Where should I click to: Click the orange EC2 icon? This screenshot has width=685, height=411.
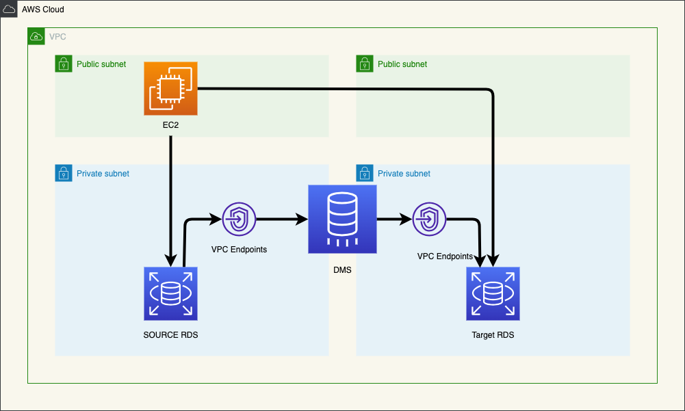click(x=170, y=88)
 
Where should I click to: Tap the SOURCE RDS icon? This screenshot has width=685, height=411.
click(x=170, y=293)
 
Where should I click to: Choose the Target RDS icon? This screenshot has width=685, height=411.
click(x=493, y=293)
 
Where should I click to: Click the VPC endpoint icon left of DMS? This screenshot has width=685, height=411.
click(x=239, y=220)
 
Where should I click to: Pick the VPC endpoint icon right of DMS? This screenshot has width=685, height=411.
click(x=429, y=220)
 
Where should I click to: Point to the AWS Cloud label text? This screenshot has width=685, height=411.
click(x=43, y=10)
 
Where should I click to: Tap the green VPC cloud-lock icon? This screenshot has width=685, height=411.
click(x=36, y=36)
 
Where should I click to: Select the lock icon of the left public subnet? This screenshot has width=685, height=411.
click(x=63, y=64)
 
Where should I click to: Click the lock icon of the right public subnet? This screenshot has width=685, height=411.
click(x=364, y=64)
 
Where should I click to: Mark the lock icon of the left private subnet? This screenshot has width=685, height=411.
click(x=63, y=174)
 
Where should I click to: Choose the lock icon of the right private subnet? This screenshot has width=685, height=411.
click(x=364, y=174)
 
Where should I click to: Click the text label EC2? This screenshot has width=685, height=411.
click(x=170, y=127)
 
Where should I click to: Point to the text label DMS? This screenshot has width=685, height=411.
click(x=342, y=270)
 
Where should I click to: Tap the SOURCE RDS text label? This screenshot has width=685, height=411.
click(x=170, y=335)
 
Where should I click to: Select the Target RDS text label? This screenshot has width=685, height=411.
click(x=493, y=335)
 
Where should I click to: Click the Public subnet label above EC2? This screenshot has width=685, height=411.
click(x=101, y=64)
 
